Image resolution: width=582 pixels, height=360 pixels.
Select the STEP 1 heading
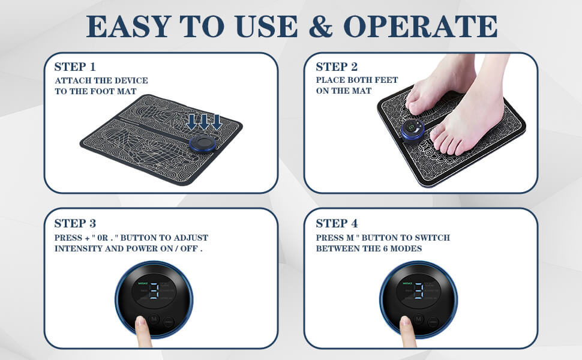tap(74, 67)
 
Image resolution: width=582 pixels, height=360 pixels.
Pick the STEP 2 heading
tap(337, 67)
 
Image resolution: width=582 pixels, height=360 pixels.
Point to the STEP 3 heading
tap(74, 223)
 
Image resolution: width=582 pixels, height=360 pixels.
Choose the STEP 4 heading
tap(337, 223)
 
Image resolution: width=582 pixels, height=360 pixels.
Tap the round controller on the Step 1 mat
tap(203, 143)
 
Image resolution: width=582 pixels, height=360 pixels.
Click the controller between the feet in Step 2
tap(413, 129)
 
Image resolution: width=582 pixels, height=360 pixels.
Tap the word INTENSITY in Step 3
tap(79, 248)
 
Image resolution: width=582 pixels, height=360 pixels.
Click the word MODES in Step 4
tap(406, 248)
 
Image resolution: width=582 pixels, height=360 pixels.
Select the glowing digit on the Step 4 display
tap(419, 291)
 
